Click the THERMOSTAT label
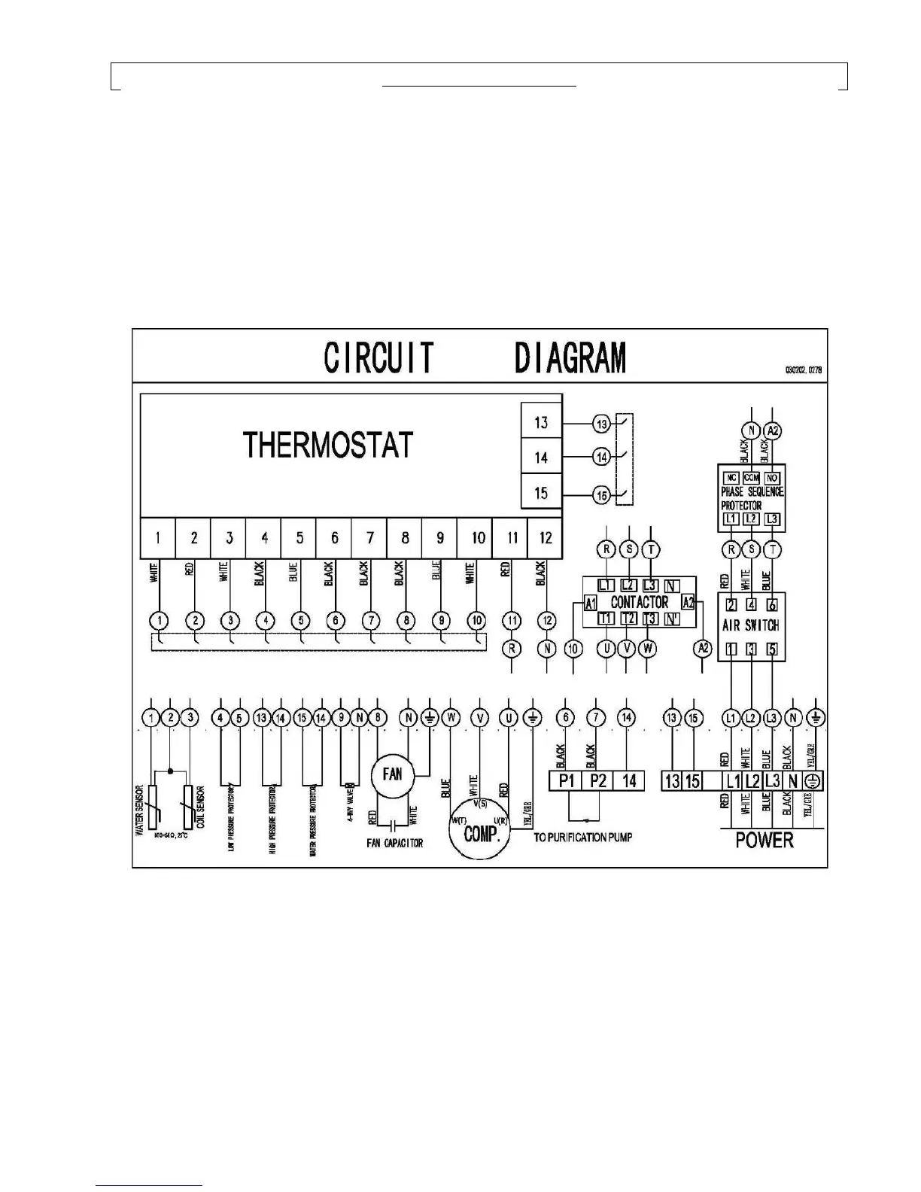[x=328, y=445]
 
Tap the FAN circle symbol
[x=393, y=774]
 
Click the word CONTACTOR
[x=639, y=602]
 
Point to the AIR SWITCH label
[x=750, y=625]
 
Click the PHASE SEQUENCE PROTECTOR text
[x=751, y=498]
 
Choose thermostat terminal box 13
[x=541, y=422]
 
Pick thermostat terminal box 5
[x=299, y=537]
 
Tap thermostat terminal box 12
[x=546, y=537]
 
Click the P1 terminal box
[x=567, y=781]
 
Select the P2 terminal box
[x=598, y=781]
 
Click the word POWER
[x=764, y=840]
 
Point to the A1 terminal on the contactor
[x=591, y=603]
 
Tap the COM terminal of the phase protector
[x=751, y=478]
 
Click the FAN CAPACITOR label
[x=394, y=844]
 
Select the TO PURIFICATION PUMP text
[x=582, y=838]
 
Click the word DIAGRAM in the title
[x=570, y=358]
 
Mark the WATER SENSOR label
[x=139, y=811]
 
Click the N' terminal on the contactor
[x=673, y=619]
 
